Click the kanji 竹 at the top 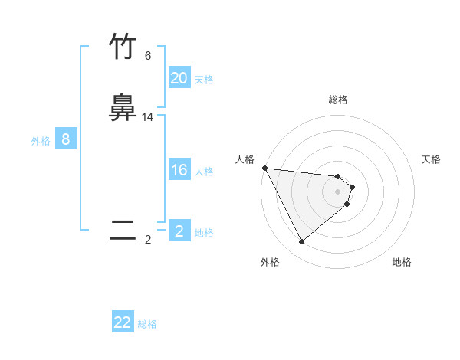[123, 47]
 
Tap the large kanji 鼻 [123, 108]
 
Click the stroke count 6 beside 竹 [148, 56]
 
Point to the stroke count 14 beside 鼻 [148, 117]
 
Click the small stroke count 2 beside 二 [148, 240]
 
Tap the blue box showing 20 [179, 78]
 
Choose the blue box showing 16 [179, 170]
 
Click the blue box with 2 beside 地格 [179, 231]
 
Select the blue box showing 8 [66, 139]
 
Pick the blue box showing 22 [123, 322]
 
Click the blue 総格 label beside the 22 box [147, 324]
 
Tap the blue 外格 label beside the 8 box [41, 141]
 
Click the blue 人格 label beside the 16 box [205, 172]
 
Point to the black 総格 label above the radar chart [338, 100]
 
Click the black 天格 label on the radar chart [432, 159]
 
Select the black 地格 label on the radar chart [402, 263]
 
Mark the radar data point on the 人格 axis [264, 168]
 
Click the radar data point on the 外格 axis [301, 242]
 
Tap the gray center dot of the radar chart [338, 191]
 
